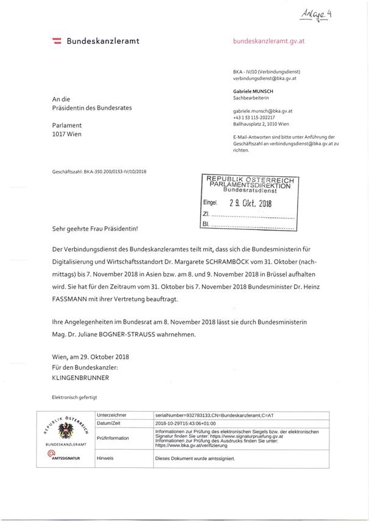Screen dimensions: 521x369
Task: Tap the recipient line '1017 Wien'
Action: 66,134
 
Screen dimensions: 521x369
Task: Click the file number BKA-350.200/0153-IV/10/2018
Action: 99,172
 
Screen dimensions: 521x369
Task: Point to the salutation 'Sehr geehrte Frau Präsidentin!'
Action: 95,229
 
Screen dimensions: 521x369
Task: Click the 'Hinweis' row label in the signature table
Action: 106,457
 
